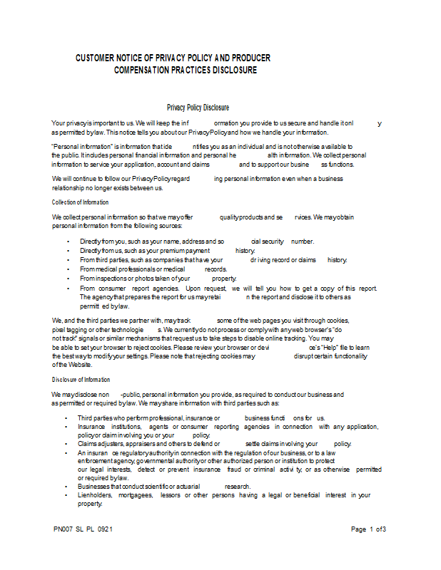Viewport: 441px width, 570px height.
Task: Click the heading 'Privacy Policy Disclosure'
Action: (198, 108)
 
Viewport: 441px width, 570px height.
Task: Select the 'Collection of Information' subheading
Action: (80, 202)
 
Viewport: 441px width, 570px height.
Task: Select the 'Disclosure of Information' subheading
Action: (81, 380)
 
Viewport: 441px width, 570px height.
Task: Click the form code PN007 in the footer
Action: (63, 529)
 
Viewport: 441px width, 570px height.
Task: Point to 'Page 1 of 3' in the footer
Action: (369, 529)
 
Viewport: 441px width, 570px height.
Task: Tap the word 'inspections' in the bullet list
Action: (111, 279)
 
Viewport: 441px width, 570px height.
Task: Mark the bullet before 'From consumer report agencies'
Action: (68, 289)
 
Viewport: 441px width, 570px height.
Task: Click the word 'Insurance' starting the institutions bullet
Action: (92, 427)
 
